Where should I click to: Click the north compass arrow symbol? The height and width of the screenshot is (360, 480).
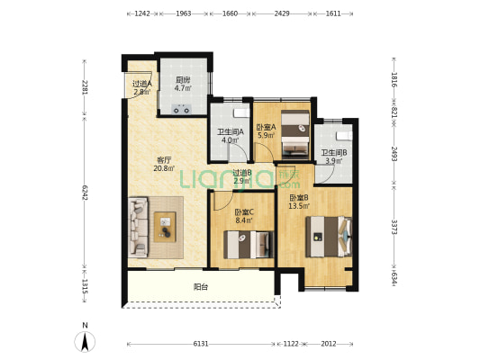point(85,341)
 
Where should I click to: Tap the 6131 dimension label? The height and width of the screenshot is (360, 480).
point(201,344)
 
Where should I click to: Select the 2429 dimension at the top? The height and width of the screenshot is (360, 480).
point(282,13)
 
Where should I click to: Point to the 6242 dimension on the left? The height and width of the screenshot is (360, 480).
point(85,192)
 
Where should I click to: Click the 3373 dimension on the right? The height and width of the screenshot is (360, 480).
point(394,228)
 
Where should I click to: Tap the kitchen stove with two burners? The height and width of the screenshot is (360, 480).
point(181,109)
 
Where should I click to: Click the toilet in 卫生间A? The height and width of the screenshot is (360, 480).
point(242,112)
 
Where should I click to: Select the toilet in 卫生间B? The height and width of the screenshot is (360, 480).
point(344,136)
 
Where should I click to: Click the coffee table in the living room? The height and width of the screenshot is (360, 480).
point(165,227)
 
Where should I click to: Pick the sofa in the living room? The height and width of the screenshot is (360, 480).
point(138,226)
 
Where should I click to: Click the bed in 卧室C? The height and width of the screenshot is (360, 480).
point(249,245)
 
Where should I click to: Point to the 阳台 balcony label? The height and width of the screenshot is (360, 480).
point(201,287)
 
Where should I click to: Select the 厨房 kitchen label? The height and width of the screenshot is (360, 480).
point(183,80)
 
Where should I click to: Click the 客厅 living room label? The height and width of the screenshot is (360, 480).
point(164,160)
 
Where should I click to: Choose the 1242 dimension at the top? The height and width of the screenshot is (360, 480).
point(142,13)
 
